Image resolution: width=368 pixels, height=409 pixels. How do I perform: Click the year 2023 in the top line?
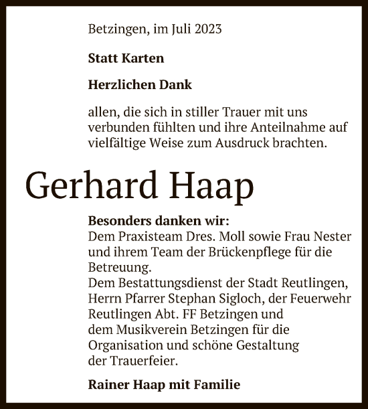pyautogui.click(x=207, y=29)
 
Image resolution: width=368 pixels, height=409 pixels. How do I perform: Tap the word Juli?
pyautogui.click(x=178, y=29)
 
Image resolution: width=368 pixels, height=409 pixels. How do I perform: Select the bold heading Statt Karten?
pyautogui.click(x=126, y=58)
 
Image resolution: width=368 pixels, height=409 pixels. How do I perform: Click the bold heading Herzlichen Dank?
pyautogui.click(x=140, y=85)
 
